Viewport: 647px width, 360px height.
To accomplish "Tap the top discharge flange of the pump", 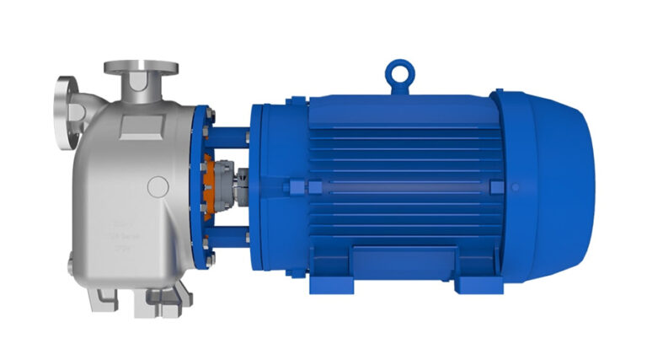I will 142,67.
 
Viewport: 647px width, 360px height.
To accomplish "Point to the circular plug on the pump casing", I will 157,186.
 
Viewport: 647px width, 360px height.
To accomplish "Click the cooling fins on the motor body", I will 396,143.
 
